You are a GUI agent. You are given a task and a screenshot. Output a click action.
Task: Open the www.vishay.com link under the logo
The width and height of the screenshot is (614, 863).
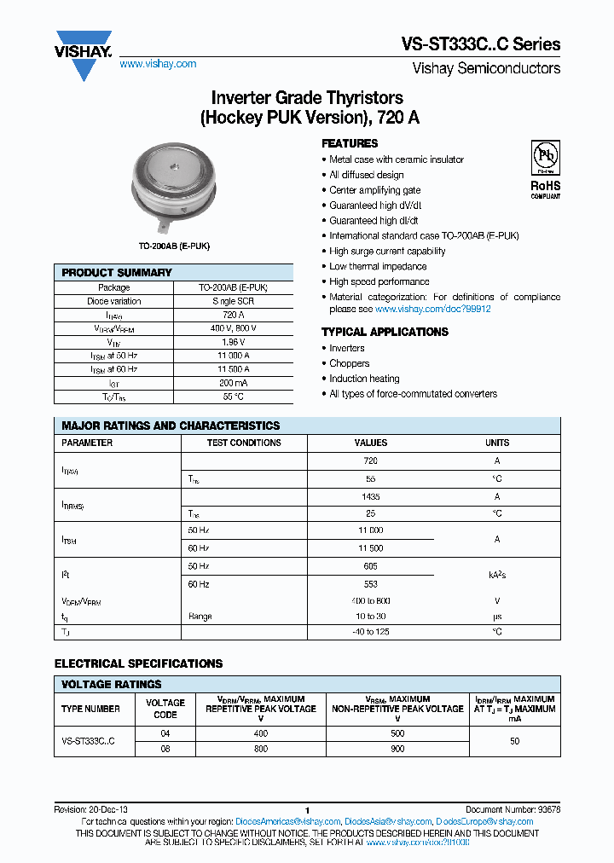click(x=158, y=64)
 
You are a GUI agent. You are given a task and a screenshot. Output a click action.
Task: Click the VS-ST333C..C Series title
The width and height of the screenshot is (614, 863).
click(x=480, y=44)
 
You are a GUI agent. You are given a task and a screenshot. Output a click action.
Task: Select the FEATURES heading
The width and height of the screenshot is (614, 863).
click(x=350, y=143)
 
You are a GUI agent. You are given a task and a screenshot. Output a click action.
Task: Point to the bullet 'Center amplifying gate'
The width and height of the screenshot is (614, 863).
click(x=374, y=190)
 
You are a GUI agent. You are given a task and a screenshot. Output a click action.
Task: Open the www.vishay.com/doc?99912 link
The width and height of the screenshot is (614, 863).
click(x=433, y=309)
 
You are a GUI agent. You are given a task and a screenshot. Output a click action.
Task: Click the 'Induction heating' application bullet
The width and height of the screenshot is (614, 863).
click(x=364, y=379)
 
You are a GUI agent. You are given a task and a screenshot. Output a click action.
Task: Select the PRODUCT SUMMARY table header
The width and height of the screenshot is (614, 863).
click(x=117, y=272)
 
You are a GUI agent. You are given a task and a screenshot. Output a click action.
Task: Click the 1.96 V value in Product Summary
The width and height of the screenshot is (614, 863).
click(x=233, y=342)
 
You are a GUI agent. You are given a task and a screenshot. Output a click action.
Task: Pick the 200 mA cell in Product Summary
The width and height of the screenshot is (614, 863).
click(x=233, y=383)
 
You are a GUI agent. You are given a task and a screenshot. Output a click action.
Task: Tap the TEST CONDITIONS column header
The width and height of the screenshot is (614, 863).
click(x=244, y=443)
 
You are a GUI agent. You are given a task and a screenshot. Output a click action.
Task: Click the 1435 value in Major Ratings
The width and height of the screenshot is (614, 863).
click(x=370, y=496)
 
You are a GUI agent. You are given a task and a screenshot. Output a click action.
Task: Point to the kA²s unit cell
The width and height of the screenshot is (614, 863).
click(x=497, y=576)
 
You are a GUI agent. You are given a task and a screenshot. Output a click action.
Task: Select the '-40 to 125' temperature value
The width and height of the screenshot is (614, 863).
click(x=370, y=632)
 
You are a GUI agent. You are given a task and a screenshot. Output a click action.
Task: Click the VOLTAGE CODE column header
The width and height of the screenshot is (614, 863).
click(x=165, y=709)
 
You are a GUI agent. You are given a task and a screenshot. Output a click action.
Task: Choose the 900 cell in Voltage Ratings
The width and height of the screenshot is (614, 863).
click(x=397, y=749)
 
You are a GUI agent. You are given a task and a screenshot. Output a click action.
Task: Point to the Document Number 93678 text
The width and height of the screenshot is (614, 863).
click(x=513, y=810)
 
